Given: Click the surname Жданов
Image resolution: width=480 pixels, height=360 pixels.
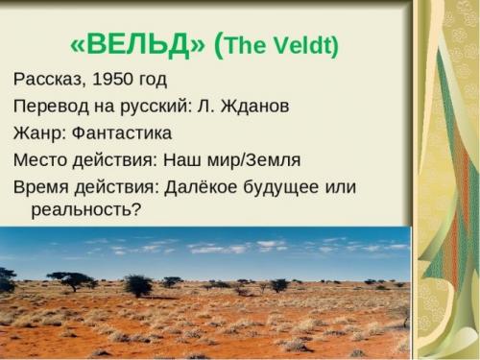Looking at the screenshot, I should (252, 106).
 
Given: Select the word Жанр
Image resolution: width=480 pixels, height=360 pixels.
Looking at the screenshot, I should (37, 132).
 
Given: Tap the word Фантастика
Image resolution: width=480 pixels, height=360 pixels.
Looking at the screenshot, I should (122, 132).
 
